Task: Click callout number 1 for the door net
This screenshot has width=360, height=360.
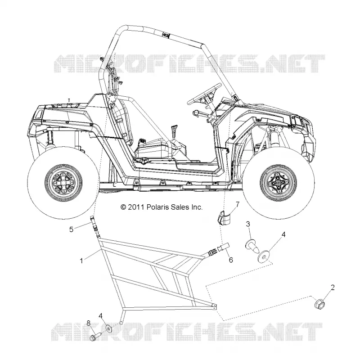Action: coord(81,261)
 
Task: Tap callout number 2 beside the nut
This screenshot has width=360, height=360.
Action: coord(333,287)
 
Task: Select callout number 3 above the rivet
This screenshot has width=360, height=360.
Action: coord(248,224)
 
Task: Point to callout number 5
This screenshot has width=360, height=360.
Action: coord(72,229)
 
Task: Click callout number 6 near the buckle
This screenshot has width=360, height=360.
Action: coord(231,260)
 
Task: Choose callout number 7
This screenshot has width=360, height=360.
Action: coord(238,204)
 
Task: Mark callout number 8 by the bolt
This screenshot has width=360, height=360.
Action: coord(89,324)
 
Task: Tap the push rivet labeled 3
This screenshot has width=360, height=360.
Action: coord(252,245)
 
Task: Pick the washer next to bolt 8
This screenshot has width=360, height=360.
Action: coord(107,328)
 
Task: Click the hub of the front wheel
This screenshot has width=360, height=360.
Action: coord(279,183)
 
